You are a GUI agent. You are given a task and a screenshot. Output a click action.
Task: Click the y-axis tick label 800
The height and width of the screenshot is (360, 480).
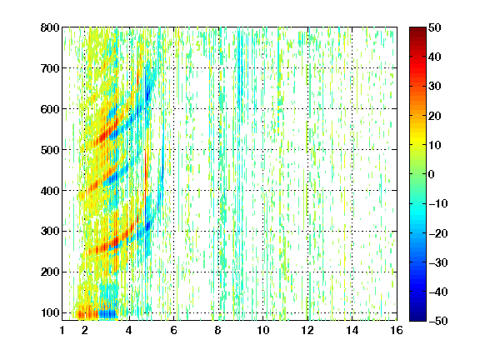50,27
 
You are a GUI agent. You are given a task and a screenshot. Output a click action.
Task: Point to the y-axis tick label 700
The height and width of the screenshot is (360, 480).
50,68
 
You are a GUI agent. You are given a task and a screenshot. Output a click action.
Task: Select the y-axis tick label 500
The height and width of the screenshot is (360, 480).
50,150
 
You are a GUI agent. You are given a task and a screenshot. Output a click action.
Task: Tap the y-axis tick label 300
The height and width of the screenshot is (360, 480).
50,232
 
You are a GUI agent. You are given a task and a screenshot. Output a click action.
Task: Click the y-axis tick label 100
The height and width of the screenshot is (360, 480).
50,312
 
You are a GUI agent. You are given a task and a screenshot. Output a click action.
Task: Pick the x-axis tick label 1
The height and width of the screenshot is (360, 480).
62,330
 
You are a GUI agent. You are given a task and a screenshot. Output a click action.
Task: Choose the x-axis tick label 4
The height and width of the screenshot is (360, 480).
129,330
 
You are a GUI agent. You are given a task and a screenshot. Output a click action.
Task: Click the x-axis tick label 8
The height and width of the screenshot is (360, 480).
218,330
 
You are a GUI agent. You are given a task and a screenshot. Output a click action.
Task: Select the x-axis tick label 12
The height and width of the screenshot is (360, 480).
307,330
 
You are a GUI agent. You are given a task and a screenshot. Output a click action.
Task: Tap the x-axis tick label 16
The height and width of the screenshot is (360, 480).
397,330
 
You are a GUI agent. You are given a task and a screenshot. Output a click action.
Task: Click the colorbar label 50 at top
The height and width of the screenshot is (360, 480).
434,27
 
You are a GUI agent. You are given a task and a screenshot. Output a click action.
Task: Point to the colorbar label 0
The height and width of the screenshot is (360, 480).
432,174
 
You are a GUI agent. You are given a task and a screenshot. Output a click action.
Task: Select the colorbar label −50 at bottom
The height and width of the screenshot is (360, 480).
438,321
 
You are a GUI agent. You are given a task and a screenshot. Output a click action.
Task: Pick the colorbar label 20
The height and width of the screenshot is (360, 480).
434,116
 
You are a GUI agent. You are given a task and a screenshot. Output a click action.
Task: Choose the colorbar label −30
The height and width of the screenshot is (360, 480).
438,262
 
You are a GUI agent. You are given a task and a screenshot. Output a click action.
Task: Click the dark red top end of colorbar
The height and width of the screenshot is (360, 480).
417,29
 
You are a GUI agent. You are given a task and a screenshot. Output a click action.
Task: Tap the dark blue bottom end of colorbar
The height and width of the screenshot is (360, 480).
417,318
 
